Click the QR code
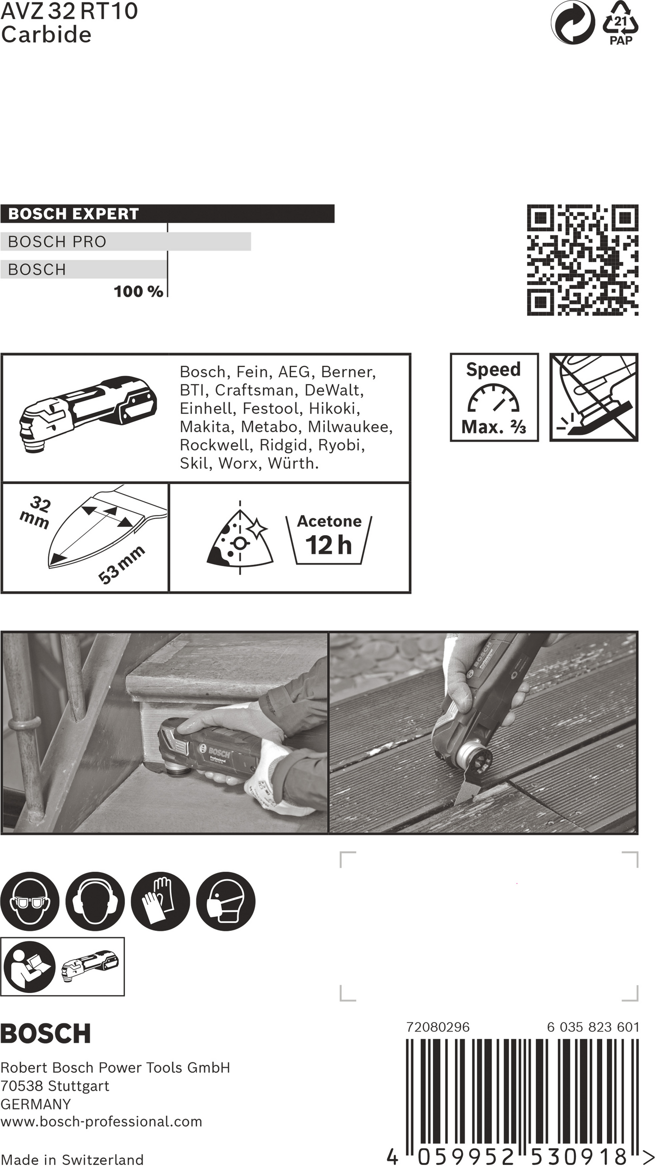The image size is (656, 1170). pos(582,260)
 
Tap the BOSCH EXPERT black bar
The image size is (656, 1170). pos(167,214)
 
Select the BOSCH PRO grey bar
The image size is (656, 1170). pos(125,241)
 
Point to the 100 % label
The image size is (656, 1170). pos(138,291)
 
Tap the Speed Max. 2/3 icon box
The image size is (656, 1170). pos(494,397)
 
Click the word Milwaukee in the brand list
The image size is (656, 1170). pos(349,427)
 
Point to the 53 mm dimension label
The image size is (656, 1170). pos(121,564)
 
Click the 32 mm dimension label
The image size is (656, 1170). pos(36,512)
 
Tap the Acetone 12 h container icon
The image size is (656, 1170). pos(328,540)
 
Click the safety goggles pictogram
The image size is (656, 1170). pos(30,901)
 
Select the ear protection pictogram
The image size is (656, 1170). pos(95,901)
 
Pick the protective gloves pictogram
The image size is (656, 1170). pos(160,901)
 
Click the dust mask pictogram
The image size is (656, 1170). pos(225,901)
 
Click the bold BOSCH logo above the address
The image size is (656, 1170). pos(46,1033)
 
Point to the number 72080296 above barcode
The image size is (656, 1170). pos(437,1027)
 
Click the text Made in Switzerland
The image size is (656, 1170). pos(72,1160)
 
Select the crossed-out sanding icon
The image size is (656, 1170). pos(594,397)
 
